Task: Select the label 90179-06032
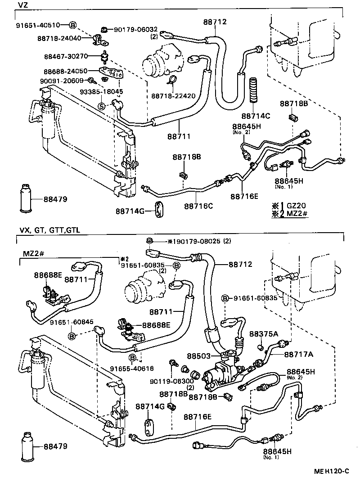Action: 134,30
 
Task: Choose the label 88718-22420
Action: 173,96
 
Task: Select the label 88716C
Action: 198,207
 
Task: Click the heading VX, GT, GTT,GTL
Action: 49,230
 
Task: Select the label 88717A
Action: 298,355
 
